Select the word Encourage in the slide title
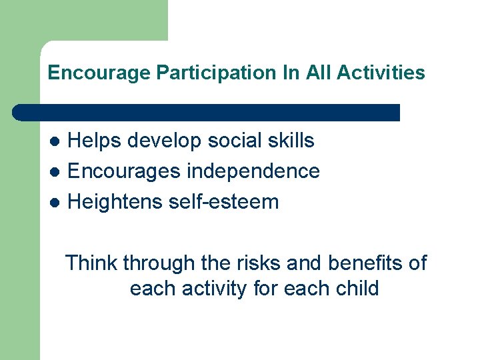[x=99, y=73]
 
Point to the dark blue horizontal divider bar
[x=207, y=112]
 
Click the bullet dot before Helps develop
[x=57, y=141]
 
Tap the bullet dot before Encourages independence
[x=57, y=172]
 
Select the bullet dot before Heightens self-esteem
[x=57, y=202]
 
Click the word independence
[x=253, y=171]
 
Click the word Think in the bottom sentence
[x=91, y=263]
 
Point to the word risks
[x=260, y=263]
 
